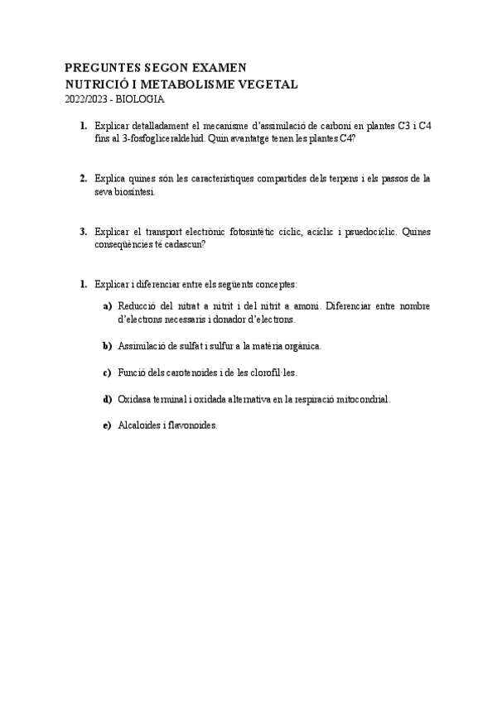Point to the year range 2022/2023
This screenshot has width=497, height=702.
coord(86,99)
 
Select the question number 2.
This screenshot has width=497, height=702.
coord(84,178)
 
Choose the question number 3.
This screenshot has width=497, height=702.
coord(84,232)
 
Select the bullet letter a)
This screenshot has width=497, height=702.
coord(107,305)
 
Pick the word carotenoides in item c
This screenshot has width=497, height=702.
coord(191,373)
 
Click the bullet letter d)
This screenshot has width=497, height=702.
coord(107,399)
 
